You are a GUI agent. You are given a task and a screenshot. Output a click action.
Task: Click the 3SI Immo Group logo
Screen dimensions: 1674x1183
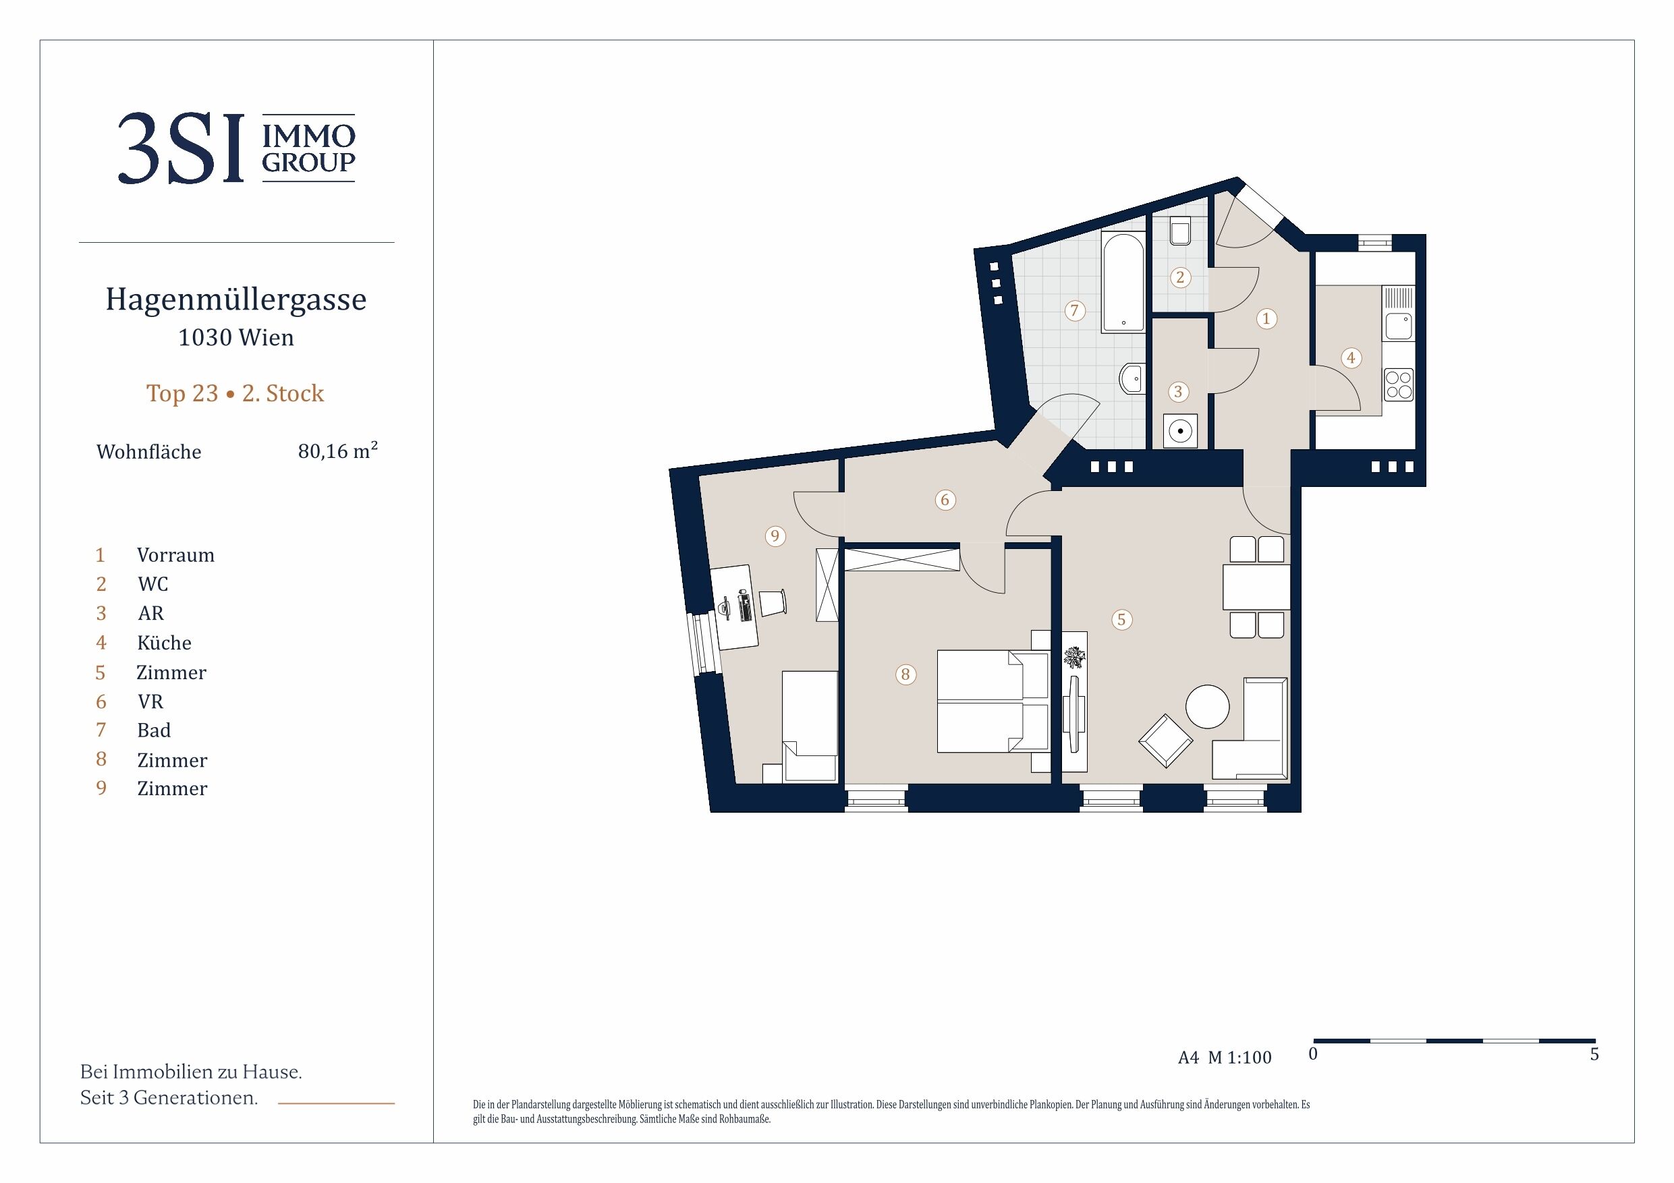236,148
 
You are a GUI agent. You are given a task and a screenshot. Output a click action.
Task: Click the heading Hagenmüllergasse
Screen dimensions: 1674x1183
236,299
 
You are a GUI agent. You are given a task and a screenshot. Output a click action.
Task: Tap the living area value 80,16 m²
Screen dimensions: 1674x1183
337,451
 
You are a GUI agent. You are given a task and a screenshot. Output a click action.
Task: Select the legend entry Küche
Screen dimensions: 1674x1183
164,643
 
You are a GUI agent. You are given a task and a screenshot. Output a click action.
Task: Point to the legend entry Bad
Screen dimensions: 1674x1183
154,730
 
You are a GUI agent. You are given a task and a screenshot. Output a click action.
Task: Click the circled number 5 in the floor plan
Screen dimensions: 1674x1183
1121,620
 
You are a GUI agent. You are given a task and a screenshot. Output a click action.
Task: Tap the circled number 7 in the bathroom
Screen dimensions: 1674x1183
1074,310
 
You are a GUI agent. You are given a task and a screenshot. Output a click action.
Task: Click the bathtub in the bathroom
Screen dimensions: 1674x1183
1123,282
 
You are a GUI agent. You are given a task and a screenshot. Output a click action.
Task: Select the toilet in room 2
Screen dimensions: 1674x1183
1179,231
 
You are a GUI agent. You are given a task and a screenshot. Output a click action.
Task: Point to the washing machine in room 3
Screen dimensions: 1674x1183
1179,431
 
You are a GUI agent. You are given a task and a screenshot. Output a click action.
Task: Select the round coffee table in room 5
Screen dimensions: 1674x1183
1207,706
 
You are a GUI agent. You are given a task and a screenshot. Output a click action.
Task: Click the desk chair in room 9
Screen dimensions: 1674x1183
773,602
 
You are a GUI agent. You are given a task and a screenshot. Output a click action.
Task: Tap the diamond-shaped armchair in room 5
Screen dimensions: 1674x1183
1166,741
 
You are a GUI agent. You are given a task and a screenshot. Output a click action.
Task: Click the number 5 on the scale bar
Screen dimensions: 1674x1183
1594,1054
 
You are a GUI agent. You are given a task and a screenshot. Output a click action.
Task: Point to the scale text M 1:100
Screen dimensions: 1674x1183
1239,1058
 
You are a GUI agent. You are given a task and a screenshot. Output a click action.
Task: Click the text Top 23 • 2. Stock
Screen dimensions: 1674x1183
235,394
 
